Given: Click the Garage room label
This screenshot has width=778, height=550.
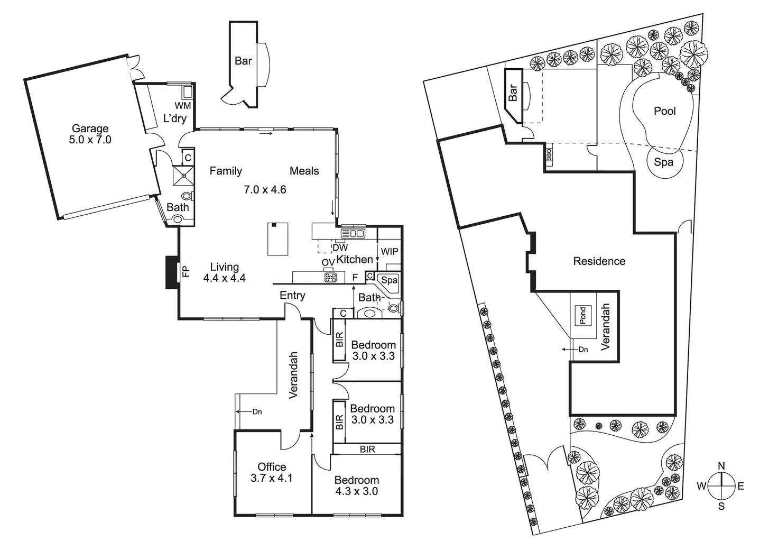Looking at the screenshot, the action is (x=90, y=129).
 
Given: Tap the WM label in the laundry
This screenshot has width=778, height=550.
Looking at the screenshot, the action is (x=183, y=106).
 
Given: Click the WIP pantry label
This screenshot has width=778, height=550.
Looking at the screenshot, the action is (x=390, y=252).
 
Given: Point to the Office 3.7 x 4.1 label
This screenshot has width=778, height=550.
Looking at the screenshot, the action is (x=272, y=472).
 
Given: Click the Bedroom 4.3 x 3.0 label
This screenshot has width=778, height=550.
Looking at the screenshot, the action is (x=356, y=485).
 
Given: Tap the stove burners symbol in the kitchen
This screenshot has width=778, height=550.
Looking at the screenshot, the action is (x=330, y=277).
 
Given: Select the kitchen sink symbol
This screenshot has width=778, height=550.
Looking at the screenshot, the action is (x=353, y=233).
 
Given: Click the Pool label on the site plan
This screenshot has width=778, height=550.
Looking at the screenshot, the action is (x=665, y=111).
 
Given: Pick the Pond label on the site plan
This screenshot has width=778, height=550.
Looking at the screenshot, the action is (x=582, y=316).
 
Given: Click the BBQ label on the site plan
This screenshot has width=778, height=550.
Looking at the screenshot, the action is (x=549, y=154).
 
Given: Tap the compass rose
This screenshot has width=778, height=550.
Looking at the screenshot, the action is (x=721, y=486).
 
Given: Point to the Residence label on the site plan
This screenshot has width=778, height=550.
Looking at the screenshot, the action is (x=599, y=261).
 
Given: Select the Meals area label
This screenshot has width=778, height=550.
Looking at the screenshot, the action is (x=304, y=171).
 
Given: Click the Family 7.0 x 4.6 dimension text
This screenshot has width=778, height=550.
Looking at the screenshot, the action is (x=265, y=189).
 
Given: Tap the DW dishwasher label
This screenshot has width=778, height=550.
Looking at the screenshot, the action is (x=340, y=247).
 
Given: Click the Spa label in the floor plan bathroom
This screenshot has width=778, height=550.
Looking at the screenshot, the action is (x=390, y=280).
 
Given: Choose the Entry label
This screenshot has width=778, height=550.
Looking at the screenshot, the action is (x=292, y=296).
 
